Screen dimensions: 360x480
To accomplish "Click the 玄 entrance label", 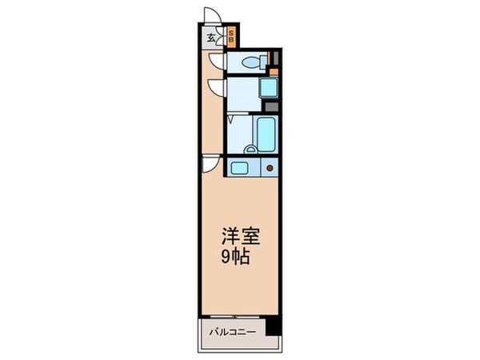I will coord(211,37).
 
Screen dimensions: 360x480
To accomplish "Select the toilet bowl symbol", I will coord(250,63).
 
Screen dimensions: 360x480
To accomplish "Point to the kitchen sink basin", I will coord(238,167).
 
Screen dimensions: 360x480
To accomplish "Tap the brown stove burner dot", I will coord(270,168).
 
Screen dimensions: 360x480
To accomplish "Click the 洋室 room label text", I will coord(240,238).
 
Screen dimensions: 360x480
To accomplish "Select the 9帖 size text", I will coord(240,258).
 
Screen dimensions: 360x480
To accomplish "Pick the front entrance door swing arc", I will coord(212,15).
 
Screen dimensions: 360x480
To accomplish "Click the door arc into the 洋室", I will coord(211,164).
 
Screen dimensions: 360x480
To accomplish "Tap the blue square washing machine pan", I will coord(270,87).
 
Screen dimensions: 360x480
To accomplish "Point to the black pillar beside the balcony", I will coord(274,327).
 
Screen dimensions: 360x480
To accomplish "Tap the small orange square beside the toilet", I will coord(273,70).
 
